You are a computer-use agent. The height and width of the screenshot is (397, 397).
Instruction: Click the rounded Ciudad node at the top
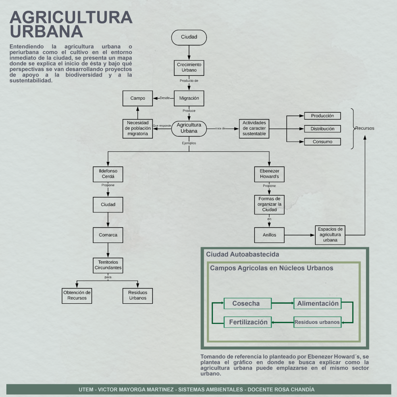tap(189, 37)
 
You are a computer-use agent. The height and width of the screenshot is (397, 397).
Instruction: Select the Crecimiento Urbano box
tap(189, 67)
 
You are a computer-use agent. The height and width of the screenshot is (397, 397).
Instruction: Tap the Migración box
tap(189, 98)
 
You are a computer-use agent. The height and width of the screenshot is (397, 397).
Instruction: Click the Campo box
tap(138, 98)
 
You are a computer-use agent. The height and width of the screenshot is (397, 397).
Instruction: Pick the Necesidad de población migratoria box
tap(138, 128)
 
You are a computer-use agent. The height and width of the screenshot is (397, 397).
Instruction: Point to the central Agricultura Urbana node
tap(189, 128)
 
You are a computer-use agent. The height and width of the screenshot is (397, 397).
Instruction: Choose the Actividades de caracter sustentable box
tap(254, 128)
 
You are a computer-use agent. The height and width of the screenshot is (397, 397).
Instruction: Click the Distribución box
tap(322, 129)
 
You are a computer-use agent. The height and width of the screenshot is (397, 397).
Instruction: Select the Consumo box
tap(322, 142)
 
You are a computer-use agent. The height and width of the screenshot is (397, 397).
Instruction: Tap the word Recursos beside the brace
tap(364, 128)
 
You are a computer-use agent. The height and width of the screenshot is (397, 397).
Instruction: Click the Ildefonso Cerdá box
tap(108, 174)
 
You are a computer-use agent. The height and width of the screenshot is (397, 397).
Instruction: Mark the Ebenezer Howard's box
tap(269, 174)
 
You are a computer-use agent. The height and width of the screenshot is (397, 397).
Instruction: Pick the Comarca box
tap(108, 235)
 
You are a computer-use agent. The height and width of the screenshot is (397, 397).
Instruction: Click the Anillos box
tap(269, 235)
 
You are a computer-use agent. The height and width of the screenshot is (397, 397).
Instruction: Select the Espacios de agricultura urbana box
tap(330, 235)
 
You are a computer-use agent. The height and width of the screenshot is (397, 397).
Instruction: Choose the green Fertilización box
tap(248, 322)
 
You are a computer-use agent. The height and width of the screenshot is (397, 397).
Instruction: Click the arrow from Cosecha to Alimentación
tap(282, 304)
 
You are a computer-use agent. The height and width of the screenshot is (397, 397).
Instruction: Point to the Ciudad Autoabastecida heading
tap(243, 254)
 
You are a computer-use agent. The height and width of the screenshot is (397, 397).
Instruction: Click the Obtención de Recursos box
tap(77, 295)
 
